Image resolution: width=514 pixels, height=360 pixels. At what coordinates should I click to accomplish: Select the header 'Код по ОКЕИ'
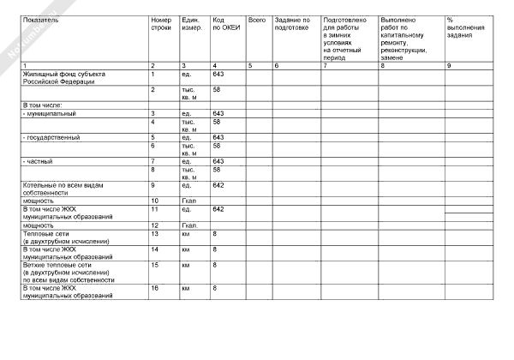[220, 23]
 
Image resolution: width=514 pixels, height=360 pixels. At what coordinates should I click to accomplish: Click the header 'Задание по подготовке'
[292, 23]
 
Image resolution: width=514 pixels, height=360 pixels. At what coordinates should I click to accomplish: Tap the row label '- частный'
[38, 161]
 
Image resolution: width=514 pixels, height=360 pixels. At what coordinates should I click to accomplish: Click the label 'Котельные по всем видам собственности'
[59, 189]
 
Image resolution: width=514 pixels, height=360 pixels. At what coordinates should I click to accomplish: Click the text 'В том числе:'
[42, 105]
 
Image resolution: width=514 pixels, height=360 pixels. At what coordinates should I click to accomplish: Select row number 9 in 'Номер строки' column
[152, 185]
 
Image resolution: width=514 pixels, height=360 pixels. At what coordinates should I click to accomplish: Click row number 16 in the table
[155, 288]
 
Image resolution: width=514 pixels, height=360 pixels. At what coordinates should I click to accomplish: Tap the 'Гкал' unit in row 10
[189, 201]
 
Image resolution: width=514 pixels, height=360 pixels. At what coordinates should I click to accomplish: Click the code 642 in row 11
[218, 209]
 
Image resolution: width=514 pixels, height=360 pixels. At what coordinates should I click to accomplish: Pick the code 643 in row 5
[218, 137]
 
